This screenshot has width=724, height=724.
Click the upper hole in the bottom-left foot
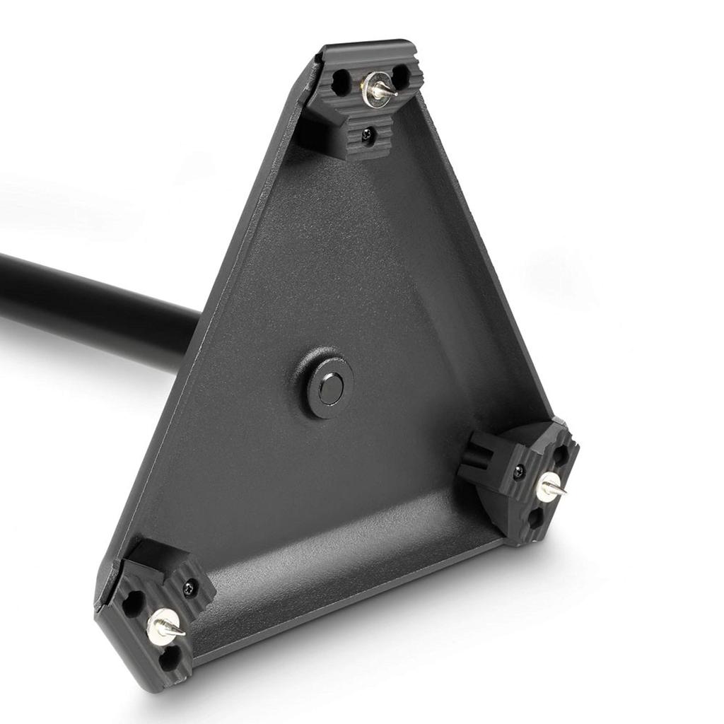(133, 602)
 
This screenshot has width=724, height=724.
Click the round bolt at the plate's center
(329, 387)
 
